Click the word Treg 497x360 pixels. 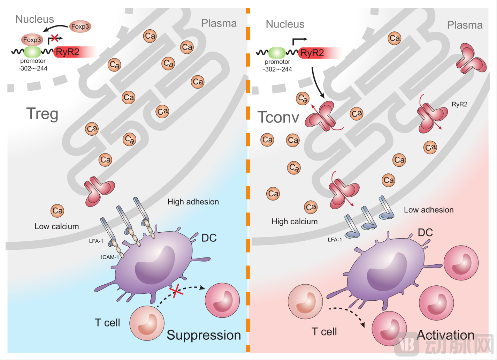pyautogui.click(x=42, y=114)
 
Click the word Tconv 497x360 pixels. pyautogui.click(x=278, y=118)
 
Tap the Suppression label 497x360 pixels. pyautogui.click(x=204, y=335)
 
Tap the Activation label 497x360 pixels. pyautogui.click(x=445, y=335)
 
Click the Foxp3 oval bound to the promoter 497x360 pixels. pyautogui.click(x=32, y=40)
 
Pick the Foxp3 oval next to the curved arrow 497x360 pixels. pyautogui.click(x=80, y=27)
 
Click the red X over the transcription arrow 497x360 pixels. pyautogui.click(x=54, y=38)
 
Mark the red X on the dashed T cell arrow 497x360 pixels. pyautogui.click(x=176, y=291)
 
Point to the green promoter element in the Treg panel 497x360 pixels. pyautogui.click(x=32, y=52)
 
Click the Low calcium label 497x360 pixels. pyautogui.click(x=56, y=227)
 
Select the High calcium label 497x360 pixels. pyautogui.click(x=295, y=222)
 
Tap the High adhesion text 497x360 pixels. pyautogui.click(x=193, y=202)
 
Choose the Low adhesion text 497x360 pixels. pyautogui.click(x=429, y=210)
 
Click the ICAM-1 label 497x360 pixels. pyautogui.click(x=110, y=257)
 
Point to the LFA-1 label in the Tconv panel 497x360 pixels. pyautogui.click(x=335, y=240)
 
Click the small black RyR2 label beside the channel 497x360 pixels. pyautogui.click(x=459, y=104)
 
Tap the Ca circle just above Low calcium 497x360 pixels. pyautogui.click(x=58, y=211)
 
